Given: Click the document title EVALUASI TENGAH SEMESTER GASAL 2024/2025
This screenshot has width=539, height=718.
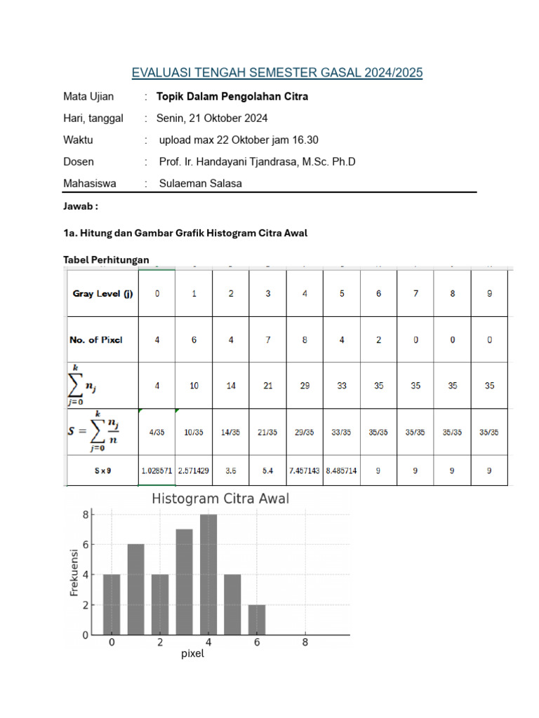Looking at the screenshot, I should coord(277,73).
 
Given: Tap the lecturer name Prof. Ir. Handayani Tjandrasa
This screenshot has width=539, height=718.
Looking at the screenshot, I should coord(257,162).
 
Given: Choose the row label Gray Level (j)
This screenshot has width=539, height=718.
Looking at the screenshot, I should coord(102,294).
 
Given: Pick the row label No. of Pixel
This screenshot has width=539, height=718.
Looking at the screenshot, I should coord(96,339).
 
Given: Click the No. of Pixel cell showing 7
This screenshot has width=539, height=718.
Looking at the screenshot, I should coord(268,339).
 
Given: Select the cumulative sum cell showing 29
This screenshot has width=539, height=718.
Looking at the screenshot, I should coord(305,385).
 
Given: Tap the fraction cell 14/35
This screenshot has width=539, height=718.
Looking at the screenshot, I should coord(231,433).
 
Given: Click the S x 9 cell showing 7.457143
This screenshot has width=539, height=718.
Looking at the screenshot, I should coord(305,470).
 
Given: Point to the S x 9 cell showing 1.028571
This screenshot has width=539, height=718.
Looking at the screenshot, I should coord(157,470).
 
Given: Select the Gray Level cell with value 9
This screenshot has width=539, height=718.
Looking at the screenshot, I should coord(489,294).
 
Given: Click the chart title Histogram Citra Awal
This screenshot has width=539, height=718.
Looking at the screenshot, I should coord(220,499).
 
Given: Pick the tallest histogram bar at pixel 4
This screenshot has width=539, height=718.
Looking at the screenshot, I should coord(208,575).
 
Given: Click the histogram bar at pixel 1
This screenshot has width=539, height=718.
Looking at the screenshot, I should coord(136,590).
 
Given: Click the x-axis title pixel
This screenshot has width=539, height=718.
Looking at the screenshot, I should coord(192,654).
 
